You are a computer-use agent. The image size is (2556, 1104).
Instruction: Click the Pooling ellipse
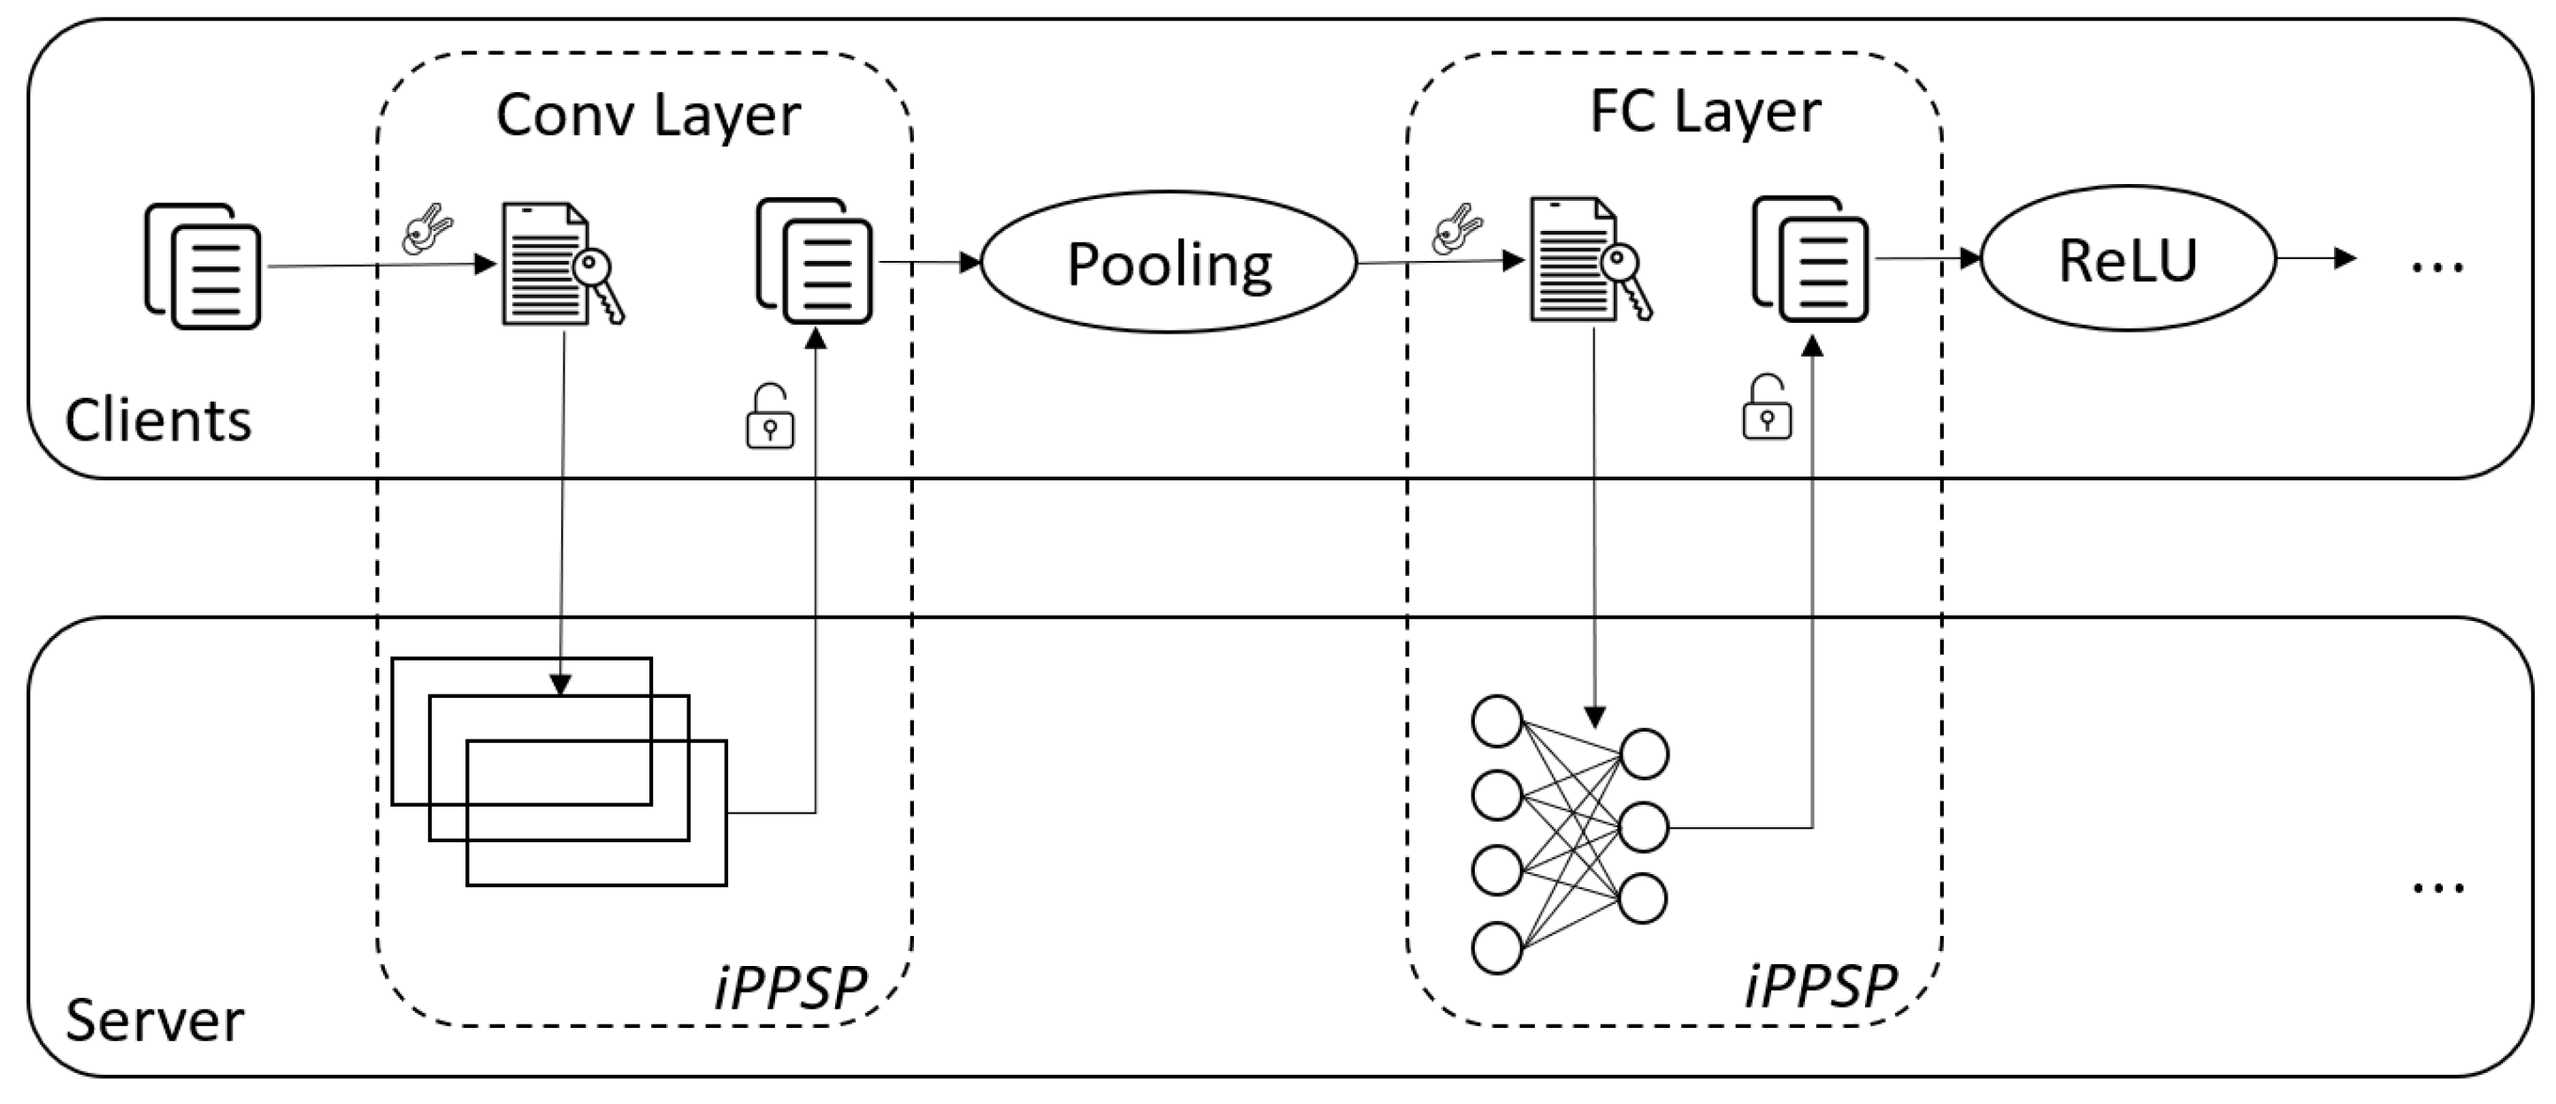(1168, 263)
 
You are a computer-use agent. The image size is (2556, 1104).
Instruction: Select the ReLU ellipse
(2128, 260)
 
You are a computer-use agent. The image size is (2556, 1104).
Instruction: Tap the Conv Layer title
(647, 115)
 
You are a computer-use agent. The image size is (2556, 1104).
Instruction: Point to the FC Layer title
(1705, 111)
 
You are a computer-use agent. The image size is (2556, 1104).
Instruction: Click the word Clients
(157, 420)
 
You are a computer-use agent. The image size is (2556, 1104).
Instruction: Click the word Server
(154, 1021)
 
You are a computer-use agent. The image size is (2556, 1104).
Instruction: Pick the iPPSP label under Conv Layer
(790, 987)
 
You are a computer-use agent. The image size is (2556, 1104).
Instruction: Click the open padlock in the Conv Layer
(769, 417)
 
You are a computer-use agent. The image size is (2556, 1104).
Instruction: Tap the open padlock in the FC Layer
(1766, 407)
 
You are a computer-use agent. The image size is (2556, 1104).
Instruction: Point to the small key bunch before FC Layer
(1455, 230)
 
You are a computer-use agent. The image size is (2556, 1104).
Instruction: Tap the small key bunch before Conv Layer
(426, 230)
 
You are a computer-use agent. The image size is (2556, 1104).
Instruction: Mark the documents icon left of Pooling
(815, 261)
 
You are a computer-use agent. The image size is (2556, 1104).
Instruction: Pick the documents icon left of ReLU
(1810, 259)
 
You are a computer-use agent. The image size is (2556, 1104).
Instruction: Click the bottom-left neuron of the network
(1496, 947)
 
